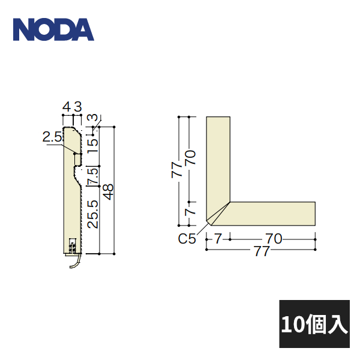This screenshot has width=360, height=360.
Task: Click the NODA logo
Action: (x=53, y=29)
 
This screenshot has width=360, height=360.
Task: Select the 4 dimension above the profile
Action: (x=67, y=107)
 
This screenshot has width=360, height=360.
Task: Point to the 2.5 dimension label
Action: (x=52, y=137)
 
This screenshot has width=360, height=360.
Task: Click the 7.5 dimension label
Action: (x=92, y=177)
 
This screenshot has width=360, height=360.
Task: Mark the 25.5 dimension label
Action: (x=92, y=213)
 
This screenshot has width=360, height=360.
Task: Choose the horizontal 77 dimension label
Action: (x=260, y=251)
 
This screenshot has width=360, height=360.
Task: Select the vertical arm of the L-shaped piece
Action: (x=218, y=156)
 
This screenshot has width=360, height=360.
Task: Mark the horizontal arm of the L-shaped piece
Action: (x=273, y=213)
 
